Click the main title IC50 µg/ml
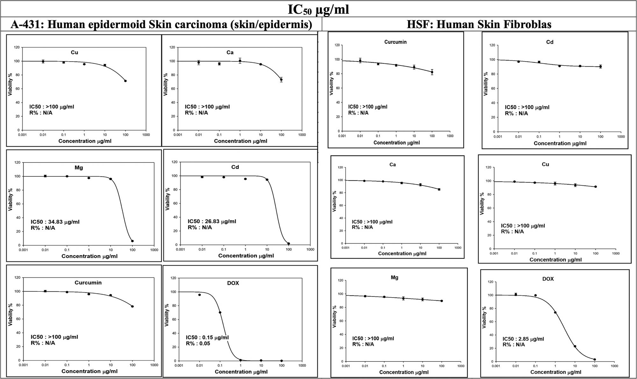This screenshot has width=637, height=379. click(318, 9)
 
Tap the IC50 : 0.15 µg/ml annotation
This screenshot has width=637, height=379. click(207, 338)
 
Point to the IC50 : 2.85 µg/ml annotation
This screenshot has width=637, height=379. click(523, 339)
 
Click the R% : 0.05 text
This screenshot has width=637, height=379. click(198, 344)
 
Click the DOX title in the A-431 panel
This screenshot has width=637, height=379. click(233, 283)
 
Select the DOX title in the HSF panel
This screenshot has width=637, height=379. click(548, 279)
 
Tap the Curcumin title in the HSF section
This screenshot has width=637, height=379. click(395, 42)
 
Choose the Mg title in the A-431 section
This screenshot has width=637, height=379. click(79, 168)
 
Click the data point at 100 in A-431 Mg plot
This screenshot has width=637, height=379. click(132, 241)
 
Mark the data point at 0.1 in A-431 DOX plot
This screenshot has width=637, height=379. click(220, 312)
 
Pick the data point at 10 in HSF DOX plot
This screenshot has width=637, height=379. click(575, 347)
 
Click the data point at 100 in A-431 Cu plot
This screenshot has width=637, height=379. click(125, 81)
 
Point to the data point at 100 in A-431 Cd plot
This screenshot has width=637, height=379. click(289, 244)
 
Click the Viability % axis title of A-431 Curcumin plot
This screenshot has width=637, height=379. click(10, 315)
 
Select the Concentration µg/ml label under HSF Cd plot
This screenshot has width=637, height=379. click(560, 143)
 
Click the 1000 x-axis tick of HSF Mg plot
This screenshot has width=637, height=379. click(461, 366)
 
